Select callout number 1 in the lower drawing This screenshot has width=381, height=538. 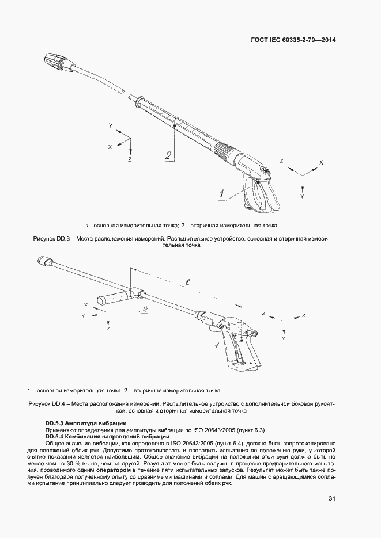pos(214,345)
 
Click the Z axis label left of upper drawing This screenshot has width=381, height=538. pos(130,158)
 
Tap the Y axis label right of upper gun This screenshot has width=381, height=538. pos(303,196)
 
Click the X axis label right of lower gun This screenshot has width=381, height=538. pos(304,316)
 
